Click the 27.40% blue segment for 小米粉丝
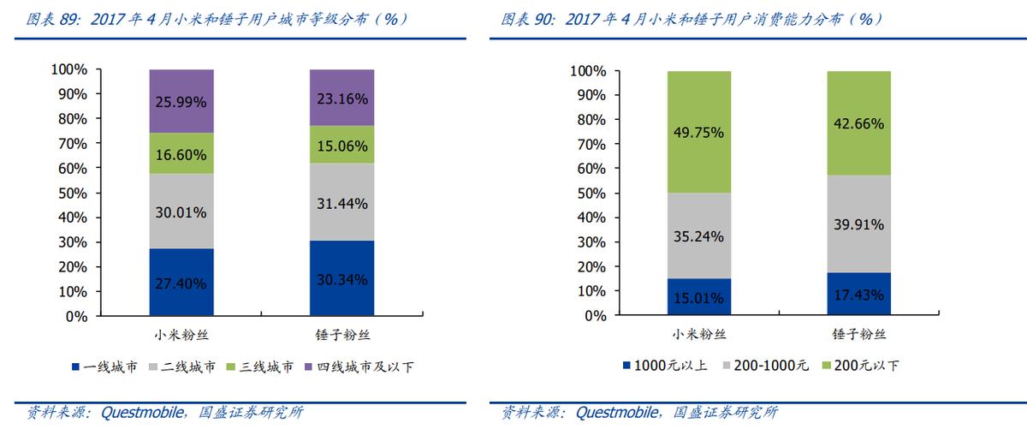coord(181,283)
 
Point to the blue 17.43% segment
coord(858,294)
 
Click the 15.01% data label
coord(698,299)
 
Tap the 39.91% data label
coord(858,224)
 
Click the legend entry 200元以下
coord(867,367)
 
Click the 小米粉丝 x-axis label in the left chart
coord(181,334)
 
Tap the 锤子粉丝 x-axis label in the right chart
coord(858,334)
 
